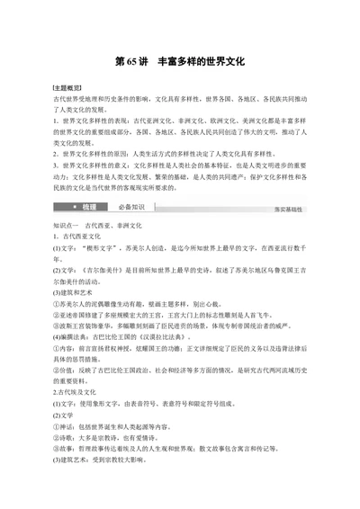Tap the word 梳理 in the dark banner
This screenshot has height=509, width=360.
(x=87, y=207)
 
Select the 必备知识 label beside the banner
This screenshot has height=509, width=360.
(x=131, y=207)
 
